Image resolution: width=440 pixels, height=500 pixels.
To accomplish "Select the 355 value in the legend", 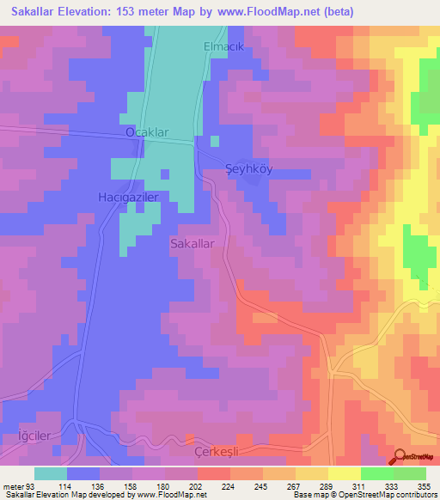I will pyautogui.click(x=424, y=486).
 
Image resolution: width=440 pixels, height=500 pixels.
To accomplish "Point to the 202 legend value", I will pyautogui.click(x=197, y=486).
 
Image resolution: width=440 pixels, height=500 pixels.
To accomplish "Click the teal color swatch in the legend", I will pyautogui.click(x=51, y=473).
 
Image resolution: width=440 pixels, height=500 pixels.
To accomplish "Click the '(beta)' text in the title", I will pyautogui.click(x=336, y=11).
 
